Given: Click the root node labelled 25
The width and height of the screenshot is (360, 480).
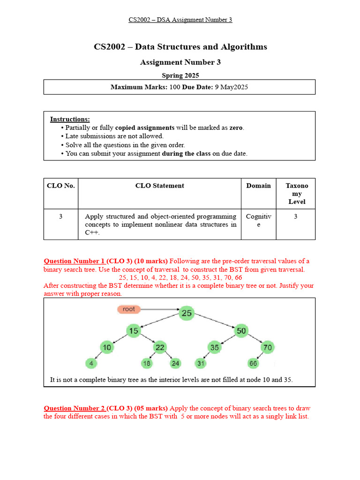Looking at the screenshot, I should pos(187,313).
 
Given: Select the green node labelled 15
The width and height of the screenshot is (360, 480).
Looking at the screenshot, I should pos(134,331).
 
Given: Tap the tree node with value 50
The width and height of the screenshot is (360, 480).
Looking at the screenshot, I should pos(240,331).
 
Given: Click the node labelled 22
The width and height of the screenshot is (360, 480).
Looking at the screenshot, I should pos(159,347).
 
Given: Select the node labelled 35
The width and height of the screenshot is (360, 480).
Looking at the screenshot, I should pos(215,347).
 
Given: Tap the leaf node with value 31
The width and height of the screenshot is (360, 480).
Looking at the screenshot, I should pos(201,363).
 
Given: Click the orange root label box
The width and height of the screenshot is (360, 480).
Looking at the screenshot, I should pos(128,309).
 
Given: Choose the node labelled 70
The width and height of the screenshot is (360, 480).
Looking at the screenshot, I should pos(267,347).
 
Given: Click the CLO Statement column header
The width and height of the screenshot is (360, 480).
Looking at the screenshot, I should pos(159,186).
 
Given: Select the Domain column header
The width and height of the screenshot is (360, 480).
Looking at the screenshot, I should pos(258,186).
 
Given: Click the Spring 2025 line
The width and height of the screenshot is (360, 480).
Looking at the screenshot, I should pos(180,75).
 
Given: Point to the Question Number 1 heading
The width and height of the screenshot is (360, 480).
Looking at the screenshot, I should pos(74,261).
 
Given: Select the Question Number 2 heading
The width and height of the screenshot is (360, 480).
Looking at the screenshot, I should pos(74,408).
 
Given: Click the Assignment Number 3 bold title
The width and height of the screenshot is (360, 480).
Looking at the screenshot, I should pos(180,62).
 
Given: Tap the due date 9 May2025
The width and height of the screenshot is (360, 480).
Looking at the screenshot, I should pos(232,87).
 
